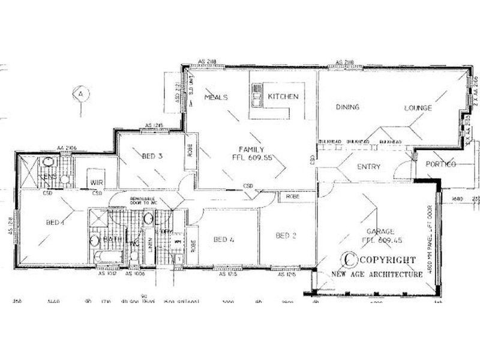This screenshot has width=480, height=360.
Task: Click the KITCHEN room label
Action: [283, 97]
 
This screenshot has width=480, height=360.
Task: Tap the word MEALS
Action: [215, 97]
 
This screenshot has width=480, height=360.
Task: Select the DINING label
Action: [347, 107]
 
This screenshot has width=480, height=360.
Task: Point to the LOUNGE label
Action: [418, 108]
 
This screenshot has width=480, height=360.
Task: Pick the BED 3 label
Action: [152, 157]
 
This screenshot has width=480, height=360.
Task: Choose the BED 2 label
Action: [286, 236]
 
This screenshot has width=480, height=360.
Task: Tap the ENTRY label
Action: [369, 167]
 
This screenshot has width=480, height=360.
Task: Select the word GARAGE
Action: [380, 231]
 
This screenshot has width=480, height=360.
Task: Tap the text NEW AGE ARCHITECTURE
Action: [377, 274]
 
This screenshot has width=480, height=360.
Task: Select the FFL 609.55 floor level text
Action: [252, 158]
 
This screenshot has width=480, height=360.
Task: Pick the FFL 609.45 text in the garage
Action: [380, 240]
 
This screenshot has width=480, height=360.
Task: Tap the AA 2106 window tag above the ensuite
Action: [64, 147]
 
